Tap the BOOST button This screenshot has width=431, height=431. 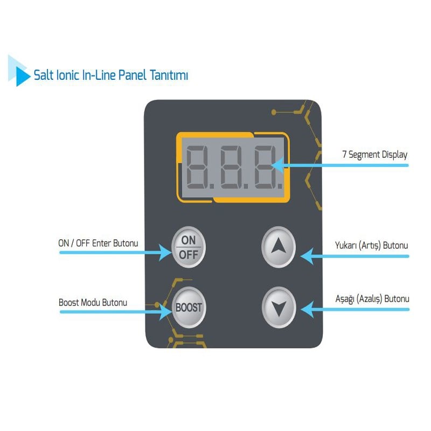click(189, 307)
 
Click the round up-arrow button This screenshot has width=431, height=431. click(279, 247)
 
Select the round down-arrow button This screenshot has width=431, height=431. click(279, 307)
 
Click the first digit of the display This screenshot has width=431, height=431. click(197, 167)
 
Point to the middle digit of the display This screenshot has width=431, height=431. click(231, 167)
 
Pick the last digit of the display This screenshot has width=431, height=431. click(265, 167)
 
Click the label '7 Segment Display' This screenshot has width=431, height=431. click(374, 155)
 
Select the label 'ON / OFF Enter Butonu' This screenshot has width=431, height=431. click(98, 244)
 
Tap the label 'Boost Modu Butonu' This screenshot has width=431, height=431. click(93, 303)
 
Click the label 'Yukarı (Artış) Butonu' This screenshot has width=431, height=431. click(371, 245)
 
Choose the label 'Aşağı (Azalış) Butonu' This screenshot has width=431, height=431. click(372, 299)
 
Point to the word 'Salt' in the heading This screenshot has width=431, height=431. click(44, 75)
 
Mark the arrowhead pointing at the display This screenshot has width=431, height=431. click(277, 165)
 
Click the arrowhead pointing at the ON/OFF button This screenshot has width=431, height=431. click(165, 253)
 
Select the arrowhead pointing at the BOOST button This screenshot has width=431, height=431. click(166, 312)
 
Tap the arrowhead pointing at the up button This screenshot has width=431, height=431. click(307, 256)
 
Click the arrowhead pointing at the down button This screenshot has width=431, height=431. click(307, 309)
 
